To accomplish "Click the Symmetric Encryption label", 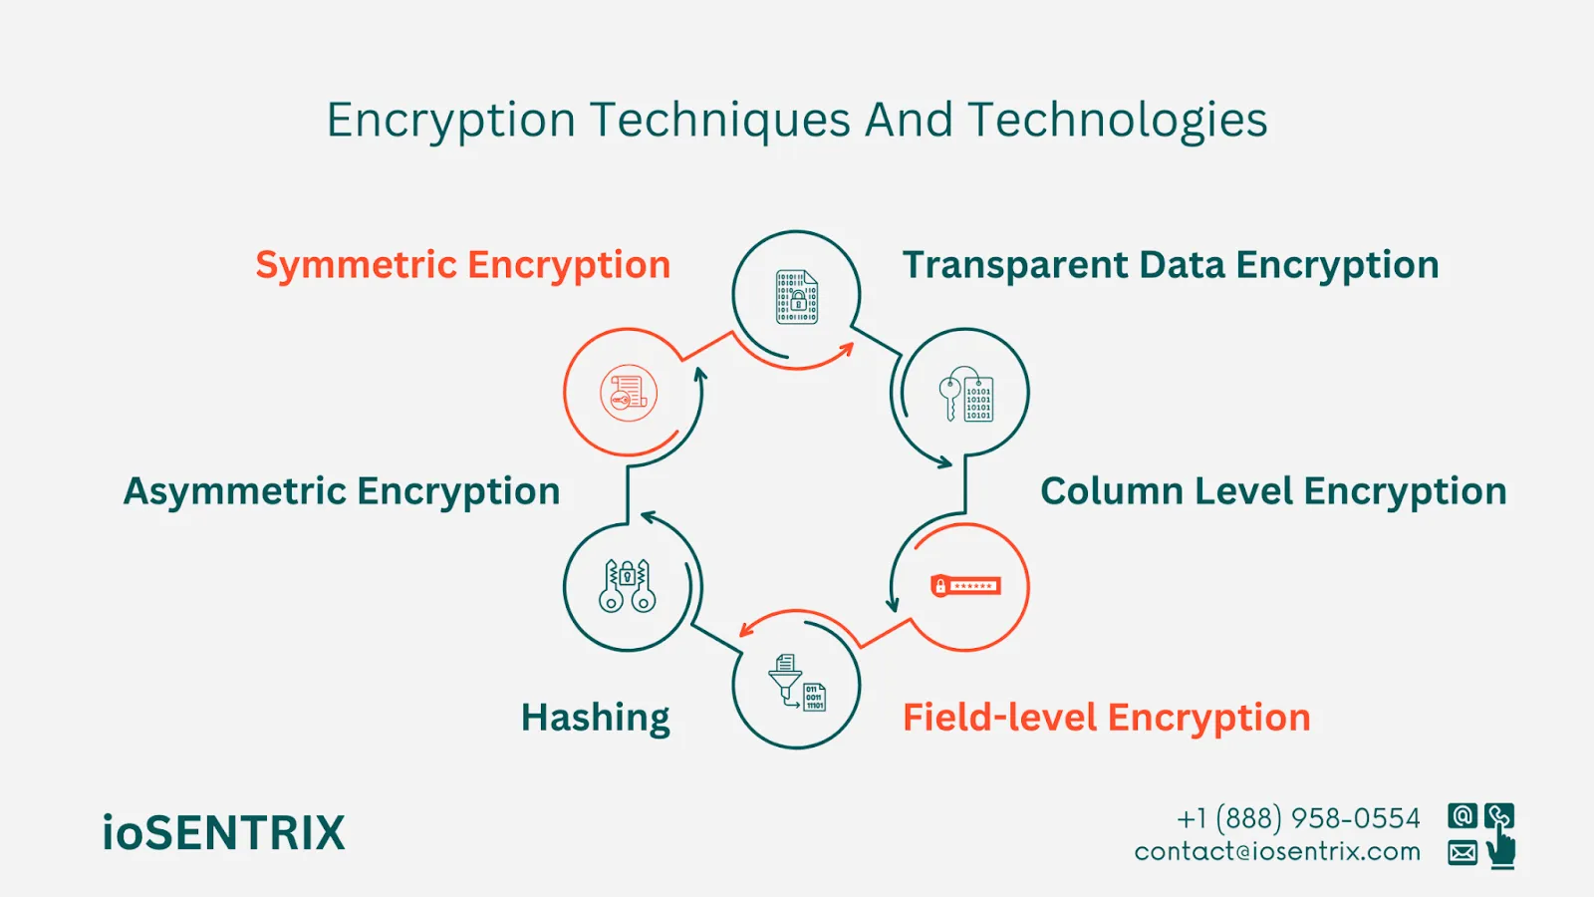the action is pos(462,265).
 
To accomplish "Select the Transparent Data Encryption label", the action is pos(1171,265).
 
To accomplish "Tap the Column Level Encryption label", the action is pos(1273,491).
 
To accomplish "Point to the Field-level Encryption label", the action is pos(1106,718).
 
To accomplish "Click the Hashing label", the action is pos(595,718).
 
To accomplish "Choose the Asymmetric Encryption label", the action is pos(342,491).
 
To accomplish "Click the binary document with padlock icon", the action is pos(797,297).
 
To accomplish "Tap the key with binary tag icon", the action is pos(965,395).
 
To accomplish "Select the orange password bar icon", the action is pos(964,586).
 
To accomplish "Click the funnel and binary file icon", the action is pos(797,683).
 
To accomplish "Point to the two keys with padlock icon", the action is pos(628,586).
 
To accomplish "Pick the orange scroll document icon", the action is pos(629,393).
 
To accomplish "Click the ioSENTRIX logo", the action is pos(223,833).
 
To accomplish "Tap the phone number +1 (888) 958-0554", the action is pos(1298,818).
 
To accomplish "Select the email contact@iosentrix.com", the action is pos(1277,852).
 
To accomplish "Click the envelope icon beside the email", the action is pos(1462,853).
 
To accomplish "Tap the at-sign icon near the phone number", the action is pos(1462,816).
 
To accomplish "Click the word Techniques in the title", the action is pos(720,122).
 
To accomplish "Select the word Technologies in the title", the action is pos(1117,122).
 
